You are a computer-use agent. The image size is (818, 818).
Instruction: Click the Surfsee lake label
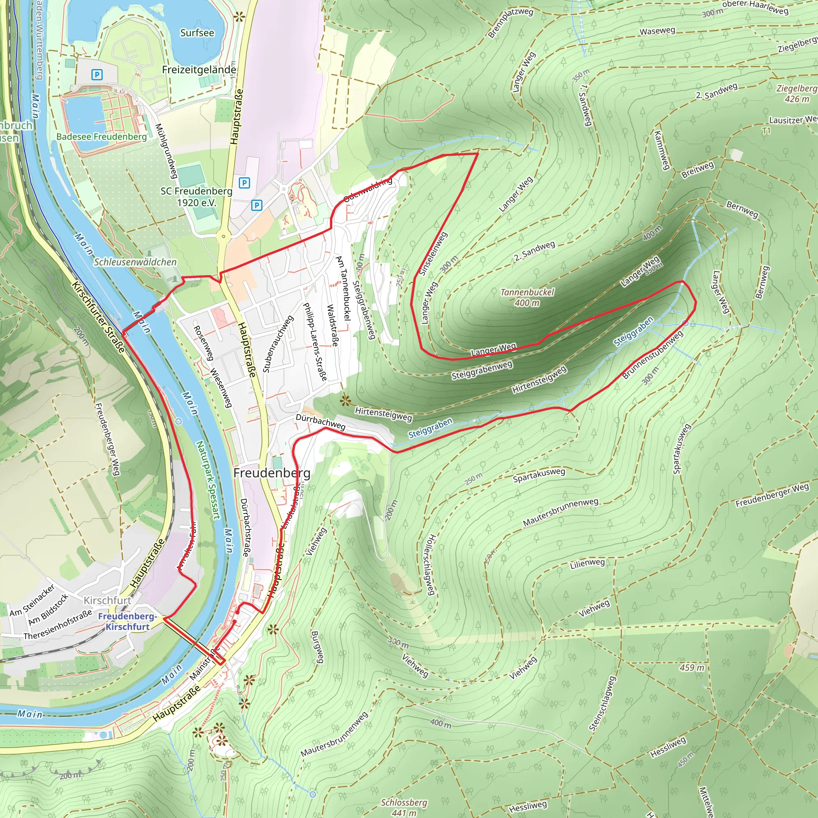[197, 33]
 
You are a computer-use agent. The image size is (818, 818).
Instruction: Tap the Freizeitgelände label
[199, 69]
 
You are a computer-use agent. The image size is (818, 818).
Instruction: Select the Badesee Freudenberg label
[101, 137]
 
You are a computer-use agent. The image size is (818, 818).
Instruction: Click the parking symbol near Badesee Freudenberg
[97, 75]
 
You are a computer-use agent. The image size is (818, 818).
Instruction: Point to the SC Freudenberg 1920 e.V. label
[197, 197]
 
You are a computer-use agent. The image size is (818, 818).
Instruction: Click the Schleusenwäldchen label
[135, 262]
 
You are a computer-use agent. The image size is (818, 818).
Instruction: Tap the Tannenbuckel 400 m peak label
[527, 297]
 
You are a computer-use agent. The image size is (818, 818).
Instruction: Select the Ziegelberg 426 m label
[796, 93]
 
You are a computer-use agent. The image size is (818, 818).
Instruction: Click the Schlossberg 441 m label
[404, 807]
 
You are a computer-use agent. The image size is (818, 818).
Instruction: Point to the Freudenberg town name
[272, 473]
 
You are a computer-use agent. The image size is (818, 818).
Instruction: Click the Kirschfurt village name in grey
[107, 600]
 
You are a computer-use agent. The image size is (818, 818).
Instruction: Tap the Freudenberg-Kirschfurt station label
[127, 621]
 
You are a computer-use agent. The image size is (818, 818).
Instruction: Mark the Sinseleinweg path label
[433, 254]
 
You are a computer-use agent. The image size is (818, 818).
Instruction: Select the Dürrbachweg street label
[320, 422]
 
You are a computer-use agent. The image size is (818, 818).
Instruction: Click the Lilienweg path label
[587, 564]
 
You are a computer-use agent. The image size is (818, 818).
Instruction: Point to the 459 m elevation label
[692, 668]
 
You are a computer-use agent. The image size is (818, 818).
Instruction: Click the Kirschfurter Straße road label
[98, 316]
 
